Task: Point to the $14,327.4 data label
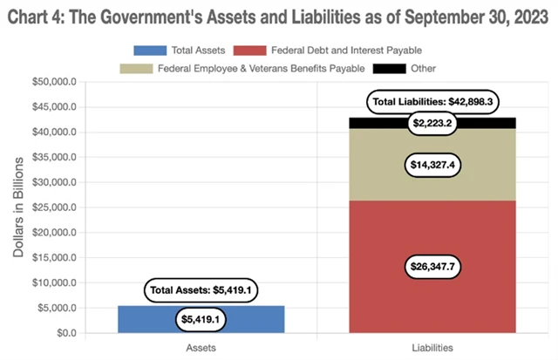[433, 164]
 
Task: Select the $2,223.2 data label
[433, 124]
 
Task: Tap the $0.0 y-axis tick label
[66, 333]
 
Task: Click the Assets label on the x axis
[201, 348]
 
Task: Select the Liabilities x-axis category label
[432, 348]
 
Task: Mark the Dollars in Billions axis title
[19, 207]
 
